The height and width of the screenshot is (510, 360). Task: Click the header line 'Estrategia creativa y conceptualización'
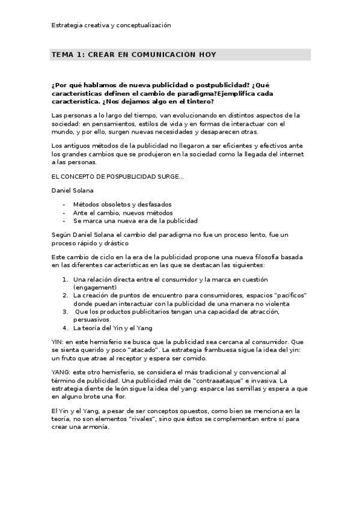click(x=111, y=25)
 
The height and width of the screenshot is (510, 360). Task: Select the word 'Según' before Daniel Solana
click(x=61, y=233)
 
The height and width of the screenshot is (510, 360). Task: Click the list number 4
click(x=65, y=328)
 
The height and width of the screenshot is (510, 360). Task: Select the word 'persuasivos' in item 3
click(x=91, y=320)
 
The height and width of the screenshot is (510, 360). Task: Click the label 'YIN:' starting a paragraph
click(x=58, y=342)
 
